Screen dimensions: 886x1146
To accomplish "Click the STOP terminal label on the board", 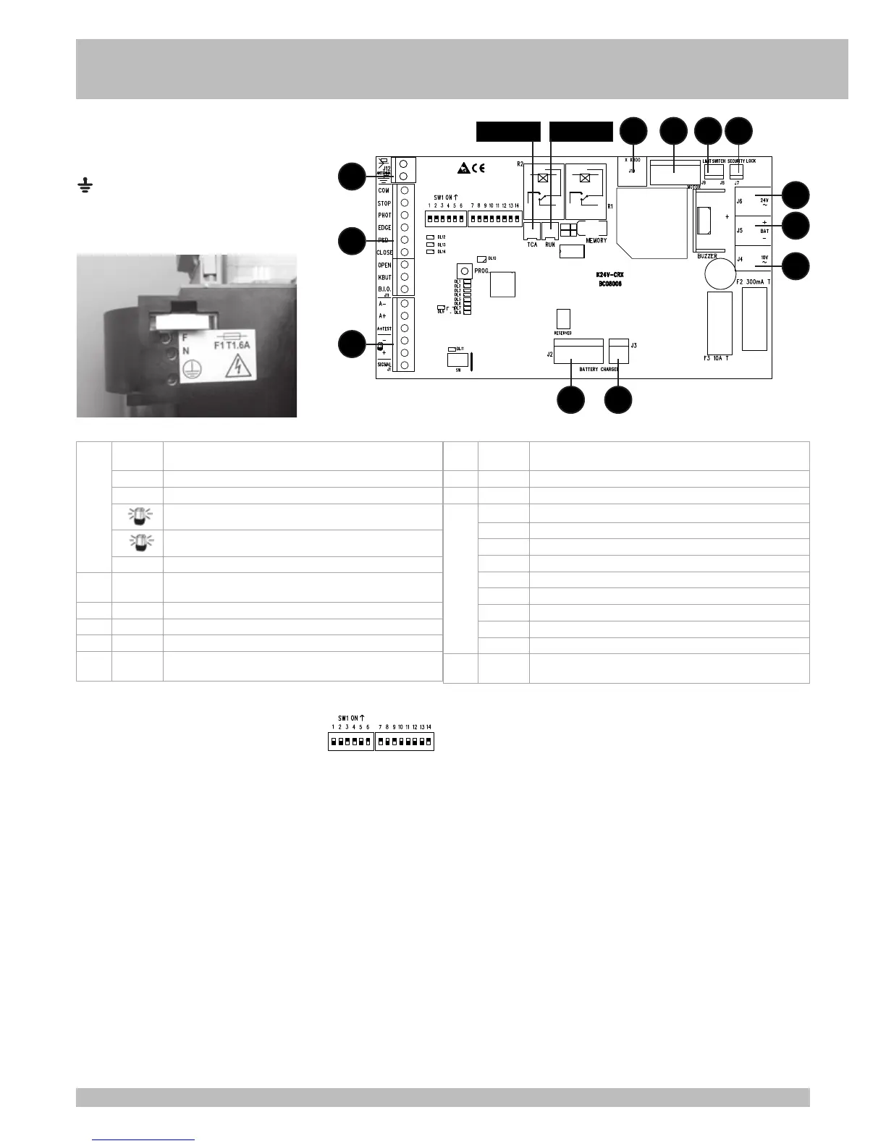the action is (x=384, y=203).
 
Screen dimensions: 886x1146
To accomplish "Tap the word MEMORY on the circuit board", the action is (x=596, y=240).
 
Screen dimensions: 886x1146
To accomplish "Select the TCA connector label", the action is (x=532, y=245).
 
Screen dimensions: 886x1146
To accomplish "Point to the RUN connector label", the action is (x=550, y=245).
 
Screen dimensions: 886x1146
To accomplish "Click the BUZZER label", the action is (x=706, y=256).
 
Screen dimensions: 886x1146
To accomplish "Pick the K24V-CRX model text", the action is (x=609, y=275).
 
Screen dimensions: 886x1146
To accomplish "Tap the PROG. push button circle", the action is (x=465, y=271).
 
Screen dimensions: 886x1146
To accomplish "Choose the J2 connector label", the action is (x=549, y=355).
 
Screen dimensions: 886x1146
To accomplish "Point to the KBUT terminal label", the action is (x=384, y=277).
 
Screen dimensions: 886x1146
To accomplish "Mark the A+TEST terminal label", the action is (x=384, y=328).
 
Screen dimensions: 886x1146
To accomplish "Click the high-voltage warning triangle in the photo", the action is (x=236, y=369).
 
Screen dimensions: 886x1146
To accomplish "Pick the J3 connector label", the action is (x=633, y=346).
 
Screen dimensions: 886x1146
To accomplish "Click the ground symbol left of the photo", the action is (x=84, y=188).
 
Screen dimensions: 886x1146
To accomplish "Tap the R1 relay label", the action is (x=609, y=206).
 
